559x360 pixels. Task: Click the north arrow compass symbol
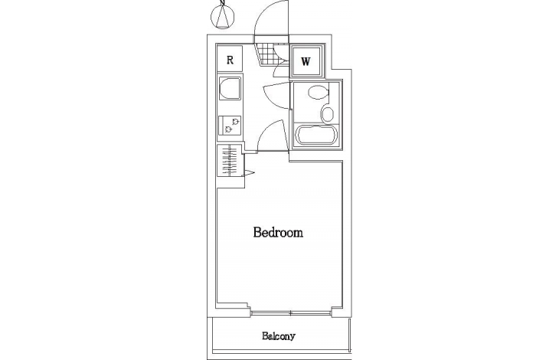pos(223,17)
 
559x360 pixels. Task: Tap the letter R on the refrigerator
pos(230,60)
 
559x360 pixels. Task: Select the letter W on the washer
pos(306,62)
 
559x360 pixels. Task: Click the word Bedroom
pos(278,232)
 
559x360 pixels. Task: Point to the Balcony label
pos(279,336)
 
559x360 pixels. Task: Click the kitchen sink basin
pos(230,88)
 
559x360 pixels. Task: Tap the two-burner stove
pos(230,126)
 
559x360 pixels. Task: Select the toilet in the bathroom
pos(318,93)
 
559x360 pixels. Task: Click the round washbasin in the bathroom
pos(328,113)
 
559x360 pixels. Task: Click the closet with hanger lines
pos(229,160)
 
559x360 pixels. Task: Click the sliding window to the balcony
pos(290,313)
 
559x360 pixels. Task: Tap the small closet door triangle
pos(248,173)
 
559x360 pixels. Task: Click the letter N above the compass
pos(223,2)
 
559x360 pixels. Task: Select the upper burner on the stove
pos(235,121)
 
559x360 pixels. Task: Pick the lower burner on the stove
pos(228,129)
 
